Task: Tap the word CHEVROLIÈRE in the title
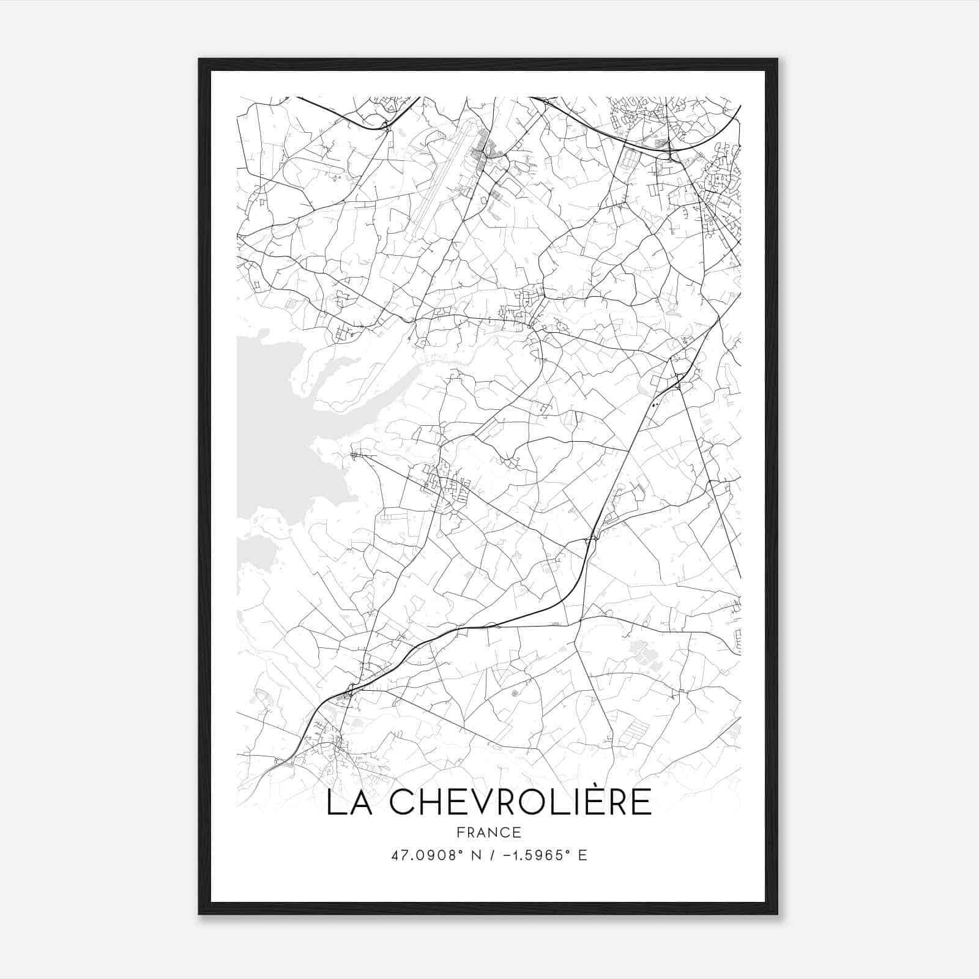pos(521,803)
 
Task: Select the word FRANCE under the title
pos(489,833)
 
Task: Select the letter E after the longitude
pos(583,855)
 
